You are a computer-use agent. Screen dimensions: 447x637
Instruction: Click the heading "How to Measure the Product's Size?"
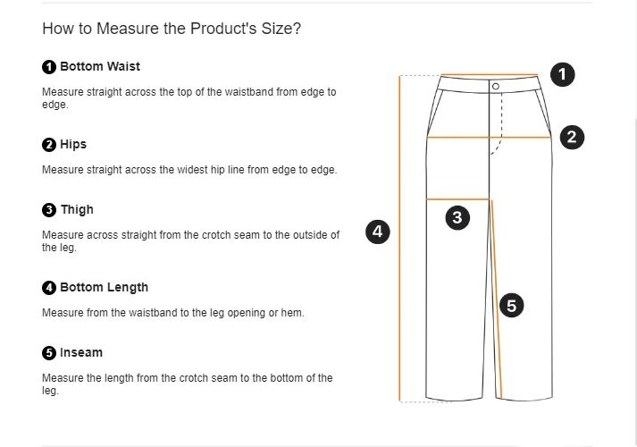(x=172, y=29)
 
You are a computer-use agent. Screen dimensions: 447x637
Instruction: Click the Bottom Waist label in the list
(x=99, y=66)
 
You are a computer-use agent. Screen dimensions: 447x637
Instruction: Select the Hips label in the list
(x=73, y=144)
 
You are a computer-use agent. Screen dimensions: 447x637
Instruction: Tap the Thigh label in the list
(x=77, y=209)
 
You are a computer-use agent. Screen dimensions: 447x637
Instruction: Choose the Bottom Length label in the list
(x=104, y=287)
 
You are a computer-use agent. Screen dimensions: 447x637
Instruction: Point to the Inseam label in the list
(x=81, y=352)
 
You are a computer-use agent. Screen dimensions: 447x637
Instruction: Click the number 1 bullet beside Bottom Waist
(x=49, y=67)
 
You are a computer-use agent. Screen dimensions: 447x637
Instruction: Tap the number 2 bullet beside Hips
(x=49, y=145)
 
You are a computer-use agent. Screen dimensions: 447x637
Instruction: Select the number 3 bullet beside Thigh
(x=49, y=210)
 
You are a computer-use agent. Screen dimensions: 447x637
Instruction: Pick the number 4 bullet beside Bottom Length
(x=49, y=288)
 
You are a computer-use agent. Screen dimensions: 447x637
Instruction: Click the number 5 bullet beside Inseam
(x=49, y=353)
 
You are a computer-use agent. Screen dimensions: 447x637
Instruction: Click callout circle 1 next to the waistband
(x=562, y=75)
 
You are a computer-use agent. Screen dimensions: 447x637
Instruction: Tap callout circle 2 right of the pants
(x=572, y=137)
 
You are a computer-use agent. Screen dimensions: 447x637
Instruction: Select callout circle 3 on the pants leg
(x=457, y=217)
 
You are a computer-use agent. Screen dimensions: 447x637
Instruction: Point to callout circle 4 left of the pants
(x=378, y=232)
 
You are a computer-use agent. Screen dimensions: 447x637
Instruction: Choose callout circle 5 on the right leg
(x=511, y=306)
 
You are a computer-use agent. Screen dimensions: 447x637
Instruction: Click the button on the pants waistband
(x=495, y=86)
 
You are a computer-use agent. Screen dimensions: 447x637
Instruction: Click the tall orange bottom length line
(x=399, y=268)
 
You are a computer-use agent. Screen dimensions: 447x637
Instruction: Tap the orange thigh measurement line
(x=457, y=198)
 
